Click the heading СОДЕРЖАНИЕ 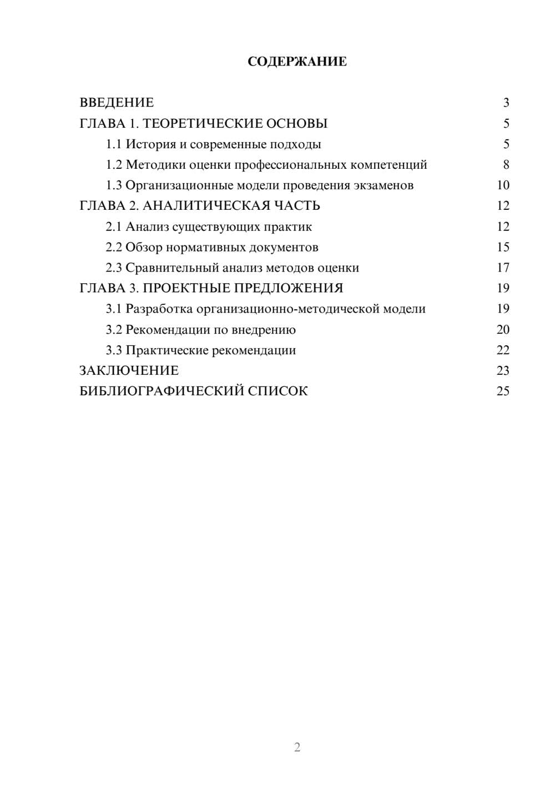tap(297, 62)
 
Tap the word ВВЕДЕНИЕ tap(117, 103)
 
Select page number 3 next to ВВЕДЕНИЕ tap(506, 103)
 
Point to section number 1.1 tap(113, 144)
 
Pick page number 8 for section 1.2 tap(506, 165)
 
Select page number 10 tap(503, 185)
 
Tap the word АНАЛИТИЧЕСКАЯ tap(206, 206)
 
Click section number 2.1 tap(113, 227)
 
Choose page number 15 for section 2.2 tap(503, 248)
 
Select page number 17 tap(503, 268)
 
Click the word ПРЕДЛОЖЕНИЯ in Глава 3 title tap(287, 289)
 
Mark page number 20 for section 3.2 tap(503, 330)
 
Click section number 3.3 tap(113, 350)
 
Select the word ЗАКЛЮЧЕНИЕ tap(129, 371)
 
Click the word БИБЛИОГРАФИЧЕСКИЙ tap(162, 391)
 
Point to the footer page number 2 tap(297, 747)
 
